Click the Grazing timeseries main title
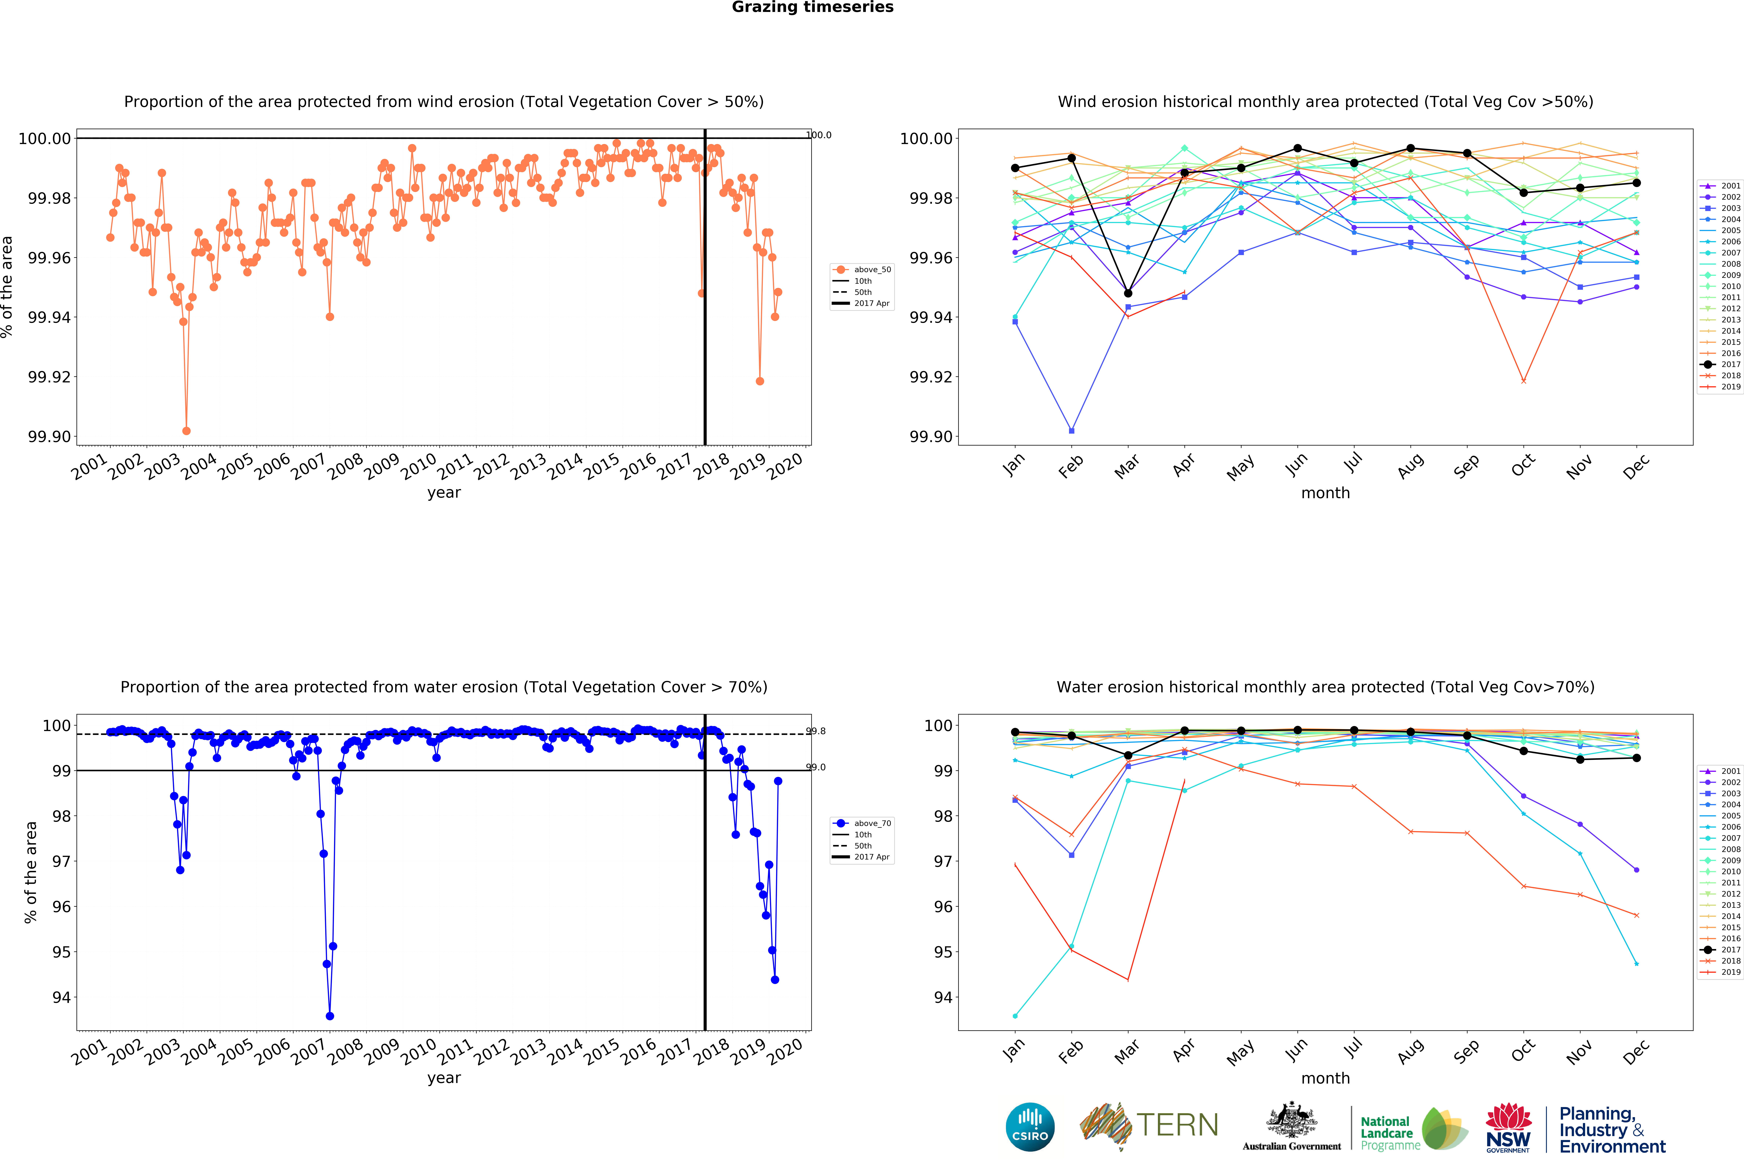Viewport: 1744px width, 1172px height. tap(812, 8)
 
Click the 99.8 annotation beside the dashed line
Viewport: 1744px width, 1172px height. tap(816, 731)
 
